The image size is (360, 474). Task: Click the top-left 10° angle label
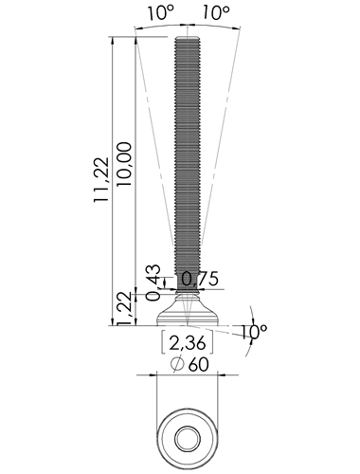[x=161, y=13]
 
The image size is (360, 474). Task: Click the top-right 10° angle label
[x=215, y=13]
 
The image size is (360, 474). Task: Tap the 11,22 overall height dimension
[x=101, y=179]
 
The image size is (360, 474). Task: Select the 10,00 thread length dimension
[x=123, y=164]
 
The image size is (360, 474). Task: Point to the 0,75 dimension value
[x=200, y=279]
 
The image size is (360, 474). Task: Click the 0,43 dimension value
[x=153, y=283]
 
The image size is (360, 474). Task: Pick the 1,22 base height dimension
[x=124, y=308]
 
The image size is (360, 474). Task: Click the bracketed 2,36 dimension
[x=188, y=343]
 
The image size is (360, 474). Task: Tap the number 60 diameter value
[x=199, y=365]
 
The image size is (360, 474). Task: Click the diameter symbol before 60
[x=177, y=364]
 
